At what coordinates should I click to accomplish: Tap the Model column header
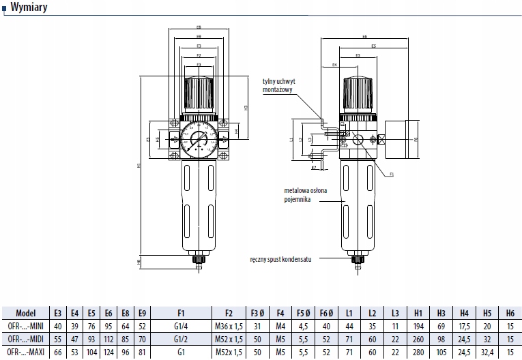coord(26,314)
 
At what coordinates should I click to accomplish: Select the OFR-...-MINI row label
coord(26,326)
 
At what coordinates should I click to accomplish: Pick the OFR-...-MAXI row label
coord(26,351)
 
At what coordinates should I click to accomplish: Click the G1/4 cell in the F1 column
coord(181,326)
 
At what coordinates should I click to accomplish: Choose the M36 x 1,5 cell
coord(229,326)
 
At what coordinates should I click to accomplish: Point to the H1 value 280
coord(418,351)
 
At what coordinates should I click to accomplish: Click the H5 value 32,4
coord(487,351)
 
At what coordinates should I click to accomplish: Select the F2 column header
coord(229,314)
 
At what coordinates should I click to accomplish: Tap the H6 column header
coord(510,314)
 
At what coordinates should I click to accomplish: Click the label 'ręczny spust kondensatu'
coord(281,260)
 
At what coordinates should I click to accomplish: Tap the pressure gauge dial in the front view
coord(199,140)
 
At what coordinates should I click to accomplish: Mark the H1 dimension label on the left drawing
coord(139,164)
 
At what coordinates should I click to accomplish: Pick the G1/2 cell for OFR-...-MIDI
coord(181,338)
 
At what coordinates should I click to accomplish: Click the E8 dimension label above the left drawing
coord(199,28)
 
